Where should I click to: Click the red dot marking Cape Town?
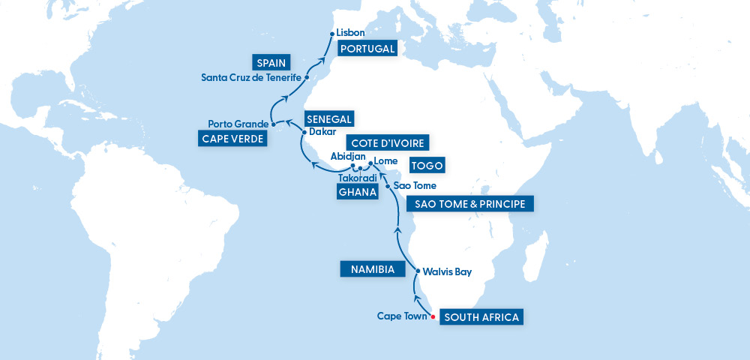[x=433, y=316]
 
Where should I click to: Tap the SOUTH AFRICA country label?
[x=481, y=316]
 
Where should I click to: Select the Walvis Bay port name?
[x=447, y=271]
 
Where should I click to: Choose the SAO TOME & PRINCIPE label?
[x=470, y=204]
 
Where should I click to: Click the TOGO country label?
[x=427, y=166]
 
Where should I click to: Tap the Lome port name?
[x=385, y=160]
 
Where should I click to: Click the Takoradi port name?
[x=357, y=178]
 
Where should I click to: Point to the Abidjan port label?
[x=348, y=156]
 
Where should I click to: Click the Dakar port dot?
[x=302, y=132]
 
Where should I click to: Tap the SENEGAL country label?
[x=328, y=118]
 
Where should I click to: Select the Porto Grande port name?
[x=238, y=124]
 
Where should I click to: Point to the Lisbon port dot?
[x=331, y=33]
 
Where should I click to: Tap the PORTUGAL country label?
[x=367, y=49]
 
